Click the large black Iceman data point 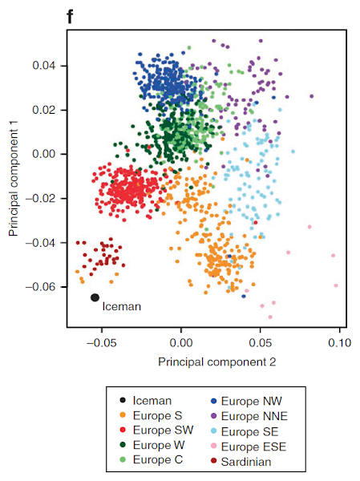[x=95, y=297]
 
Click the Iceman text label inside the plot [x=122, y=306]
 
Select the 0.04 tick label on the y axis [x=44, y=66]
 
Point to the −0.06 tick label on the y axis [x=42, y=287]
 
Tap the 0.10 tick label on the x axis [x=339, y=342]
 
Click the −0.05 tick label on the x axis [x=102, y=342]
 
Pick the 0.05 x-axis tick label [x=261, y=342]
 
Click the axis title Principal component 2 [x=217, y=362]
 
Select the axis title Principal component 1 [x=14, y=179]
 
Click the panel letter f [x=70, y=17]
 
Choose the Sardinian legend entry [x=241, y=462]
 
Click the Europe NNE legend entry [x=249, y=416]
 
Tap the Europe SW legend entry [x=157, y=430]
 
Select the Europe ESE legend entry [x=249, y=447]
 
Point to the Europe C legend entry [x=152, y=459]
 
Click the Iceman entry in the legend [x=145, y=400]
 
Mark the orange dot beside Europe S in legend [x=123, y=415]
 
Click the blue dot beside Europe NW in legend [x=214, y=401]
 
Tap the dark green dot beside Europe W [x=123, y=445]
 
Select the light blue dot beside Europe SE [x=214, y=431]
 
